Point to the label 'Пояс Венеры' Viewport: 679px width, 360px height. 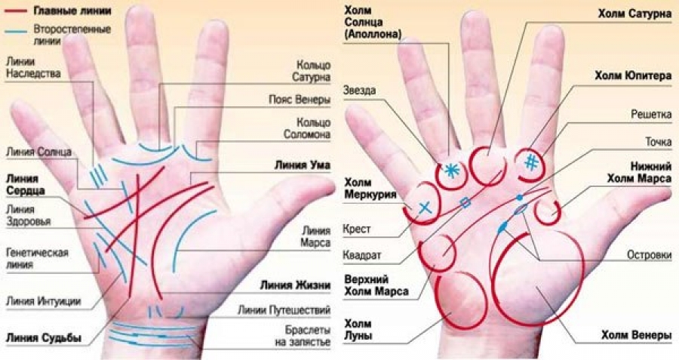click(x=299, y=99)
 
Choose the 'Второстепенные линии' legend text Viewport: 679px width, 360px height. click(x=72, y=35)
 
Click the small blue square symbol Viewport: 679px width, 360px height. click(x=465, y=202)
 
